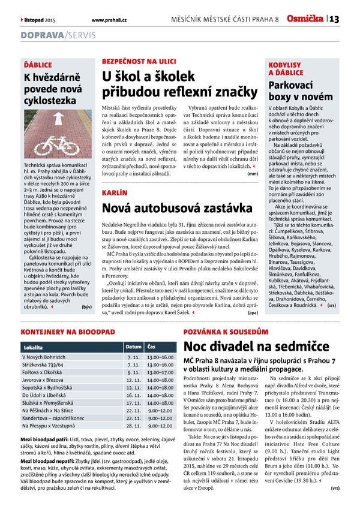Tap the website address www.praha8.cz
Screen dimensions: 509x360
(109, 20)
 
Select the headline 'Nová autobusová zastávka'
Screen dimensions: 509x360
(177, 209)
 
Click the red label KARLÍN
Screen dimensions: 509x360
(115, 193)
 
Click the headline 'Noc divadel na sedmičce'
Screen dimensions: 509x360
(252, 347)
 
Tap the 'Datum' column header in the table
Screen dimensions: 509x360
(134, 347)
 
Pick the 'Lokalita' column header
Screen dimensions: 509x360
(33, 348)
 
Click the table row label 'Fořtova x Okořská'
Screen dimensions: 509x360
(46, 371)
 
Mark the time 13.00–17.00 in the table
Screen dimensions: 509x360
(160, 371)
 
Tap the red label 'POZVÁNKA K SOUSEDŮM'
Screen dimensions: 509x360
(226, 331)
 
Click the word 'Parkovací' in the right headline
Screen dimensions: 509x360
(295, 85)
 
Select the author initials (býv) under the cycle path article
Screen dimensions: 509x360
(86, 307)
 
